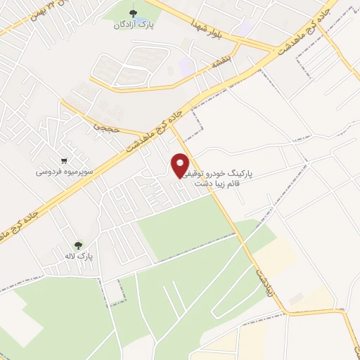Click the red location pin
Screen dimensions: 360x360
coord(181,166)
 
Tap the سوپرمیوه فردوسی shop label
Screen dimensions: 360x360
coord(64,171)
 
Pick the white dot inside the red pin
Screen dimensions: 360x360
coord(181,162)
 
